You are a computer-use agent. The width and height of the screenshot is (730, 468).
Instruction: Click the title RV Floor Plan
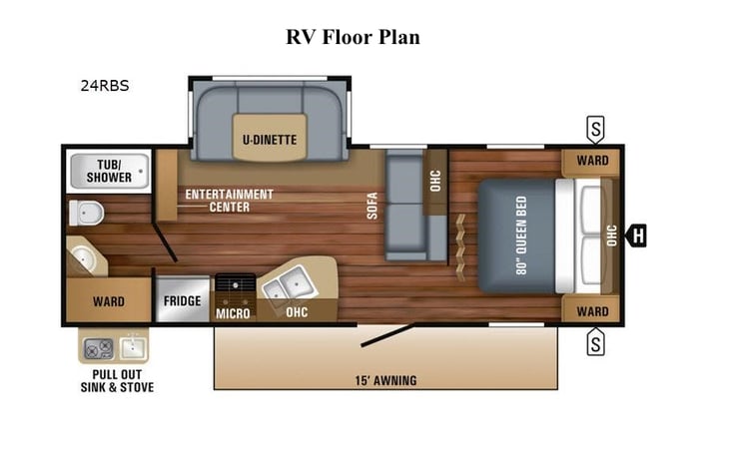coord(353,37)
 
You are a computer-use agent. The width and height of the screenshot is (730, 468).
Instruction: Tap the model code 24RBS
coord(105,86)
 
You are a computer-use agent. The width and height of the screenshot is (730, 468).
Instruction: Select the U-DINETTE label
coord(270,140)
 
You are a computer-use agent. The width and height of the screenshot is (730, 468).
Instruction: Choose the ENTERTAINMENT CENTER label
coord(229,200)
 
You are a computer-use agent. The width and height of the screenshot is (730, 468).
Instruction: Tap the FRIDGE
coord(182,300)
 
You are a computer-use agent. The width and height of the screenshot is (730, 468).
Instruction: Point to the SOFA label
coord(369,206)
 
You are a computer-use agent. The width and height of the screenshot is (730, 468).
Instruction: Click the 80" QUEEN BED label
coord(520,234)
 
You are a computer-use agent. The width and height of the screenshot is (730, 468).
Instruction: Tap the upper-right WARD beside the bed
coord(591,161)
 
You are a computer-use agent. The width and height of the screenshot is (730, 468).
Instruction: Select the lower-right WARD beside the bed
coord(591,311)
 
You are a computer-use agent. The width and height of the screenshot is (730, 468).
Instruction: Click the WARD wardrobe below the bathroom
coord(108,300)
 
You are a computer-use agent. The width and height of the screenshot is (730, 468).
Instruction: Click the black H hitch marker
coord(635,235)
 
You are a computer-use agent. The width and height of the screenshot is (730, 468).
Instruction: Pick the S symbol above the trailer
coord(595,129)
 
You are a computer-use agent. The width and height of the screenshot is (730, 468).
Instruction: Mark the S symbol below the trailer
coord(595,344)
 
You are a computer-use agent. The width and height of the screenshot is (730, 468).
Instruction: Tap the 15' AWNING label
coord(384,380)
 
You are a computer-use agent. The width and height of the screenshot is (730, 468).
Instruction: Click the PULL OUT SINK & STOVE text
coord(117,381)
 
